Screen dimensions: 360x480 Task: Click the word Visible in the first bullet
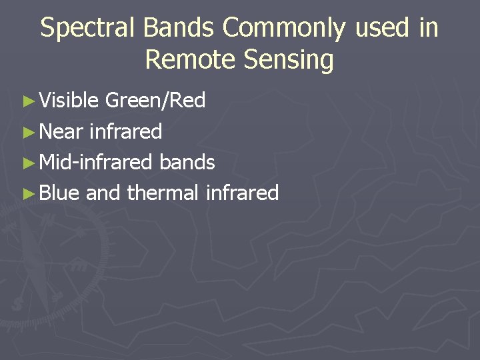(x=69, y=101)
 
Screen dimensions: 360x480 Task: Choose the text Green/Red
(x=155, y=101)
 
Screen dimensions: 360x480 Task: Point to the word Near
(x=61, y=131)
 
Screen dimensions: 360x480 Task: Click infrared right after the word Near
(x=125, y=131)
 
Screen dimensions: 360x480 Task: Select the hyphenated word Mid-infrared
(x=97, y=162)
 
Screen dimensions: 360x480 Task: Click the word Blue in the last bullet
(x=59, y=193)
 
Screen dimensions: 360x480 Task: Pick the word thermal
(x=163, y=193)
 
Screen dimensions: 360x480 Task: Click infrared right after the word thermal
(x=242, y=193)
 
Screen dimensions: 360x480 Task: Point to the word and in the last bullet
(x=103, y=193)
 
